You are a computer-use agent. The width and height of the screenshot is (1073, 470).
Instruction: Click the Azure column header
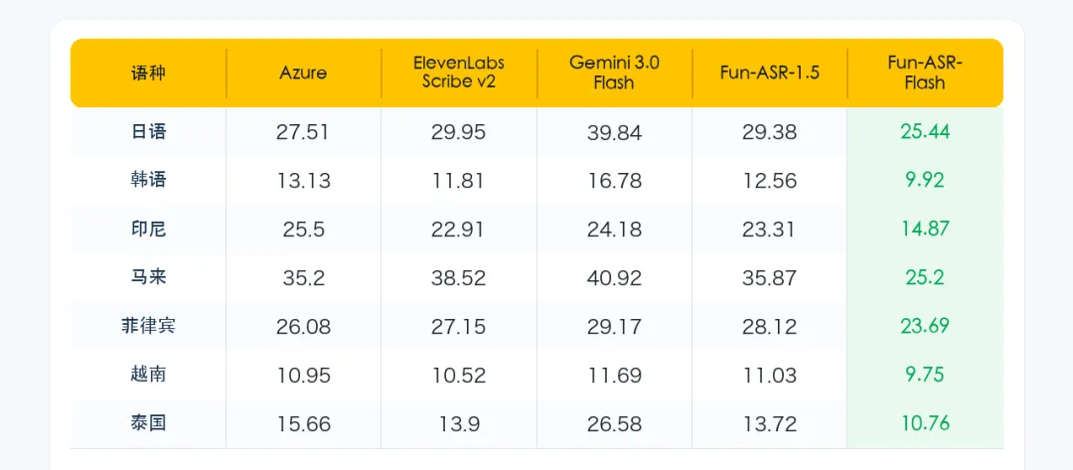coord(303,74)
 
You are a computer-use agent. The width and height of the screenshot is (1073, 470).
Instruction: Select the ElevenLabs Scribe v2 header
coord(458,73)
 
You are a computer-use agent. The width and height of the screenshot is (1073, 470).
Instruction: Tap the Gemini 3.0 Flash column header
coord(614,73)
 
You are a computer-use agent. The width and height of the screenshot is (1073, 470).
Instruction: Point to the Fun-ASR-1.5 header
coord(769,74)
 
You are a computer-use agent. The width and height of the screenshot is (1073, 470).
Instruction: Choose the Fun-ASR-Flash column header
coord(925,73)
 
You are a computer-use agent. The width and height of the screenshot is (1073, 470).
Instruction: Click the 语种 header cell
coord(148,74)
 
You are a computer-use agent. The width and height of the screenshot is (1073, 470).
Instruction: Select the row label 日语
coord(148,131)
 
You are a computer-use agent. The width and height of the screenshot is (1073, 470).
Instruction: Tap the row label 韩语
coord(148,180)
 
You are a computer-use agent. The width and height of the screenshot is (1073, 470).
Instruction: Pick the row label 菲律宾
coord(148,326)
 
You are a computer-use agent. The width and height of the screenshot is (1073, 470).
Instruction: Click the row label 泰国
coord(148,422)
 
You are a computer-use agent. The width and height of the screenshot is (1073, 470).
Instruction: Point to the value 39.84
coord(614,132)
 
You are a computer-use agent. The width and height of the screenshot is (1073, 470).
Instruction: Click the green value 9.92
coord(925,180)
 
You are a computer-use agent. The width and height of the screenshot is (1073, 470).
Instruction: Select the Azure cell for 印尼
coord(303,230)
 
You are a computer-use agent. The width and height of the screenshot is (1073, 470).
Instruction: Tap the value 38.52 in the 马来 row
coord(458,278)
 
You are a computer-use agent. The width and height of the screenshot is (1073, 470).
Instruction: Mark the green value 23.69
coord(925,326)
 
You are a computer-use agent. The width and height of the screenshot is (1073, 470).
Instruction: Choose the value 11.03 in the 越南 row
coord(769,375)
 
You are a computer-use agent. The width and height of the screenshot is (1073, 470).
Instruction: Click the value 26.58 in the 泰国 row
coord(614,423)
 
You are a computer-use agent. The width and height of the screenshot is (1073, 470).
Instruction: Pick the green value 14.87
coord(925,229)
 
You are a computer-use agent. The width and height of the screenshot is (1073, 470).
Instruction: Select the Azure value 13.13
coord(303,181)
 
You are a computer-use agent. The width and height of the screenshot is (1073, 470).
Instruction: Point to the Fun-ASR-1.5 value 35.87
coord(769,278)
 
